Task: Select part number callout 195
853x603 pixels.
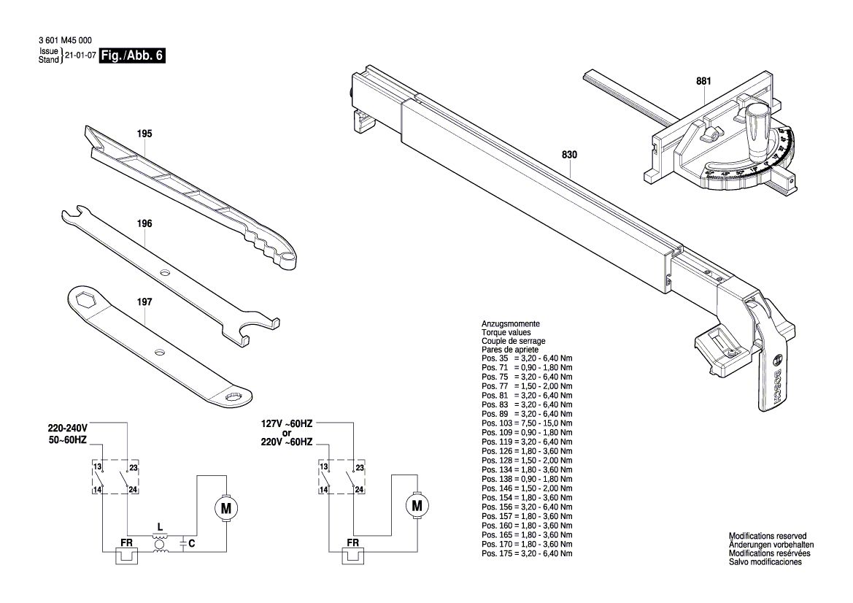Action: pos(144,134)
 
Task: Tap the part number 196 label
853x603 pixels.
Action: pos(144,224)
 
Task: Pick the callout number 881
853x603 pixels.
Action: pos(703,81)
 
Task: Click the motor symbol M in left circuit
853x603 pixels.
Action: pos(226,506)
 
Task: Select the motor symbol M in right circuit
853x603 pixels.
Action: pos(417,505)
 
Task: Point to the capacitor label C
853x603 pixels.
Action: pos(191,543)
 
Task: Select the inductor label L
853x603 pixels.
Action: pos(160,526)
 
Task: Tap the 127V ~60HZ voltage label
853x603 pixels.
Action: pos(287,423)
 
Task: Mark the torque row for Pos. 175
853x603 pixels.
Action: pos(527,554)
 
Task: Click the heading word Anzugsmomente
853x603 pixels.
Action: pos(510,323)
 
